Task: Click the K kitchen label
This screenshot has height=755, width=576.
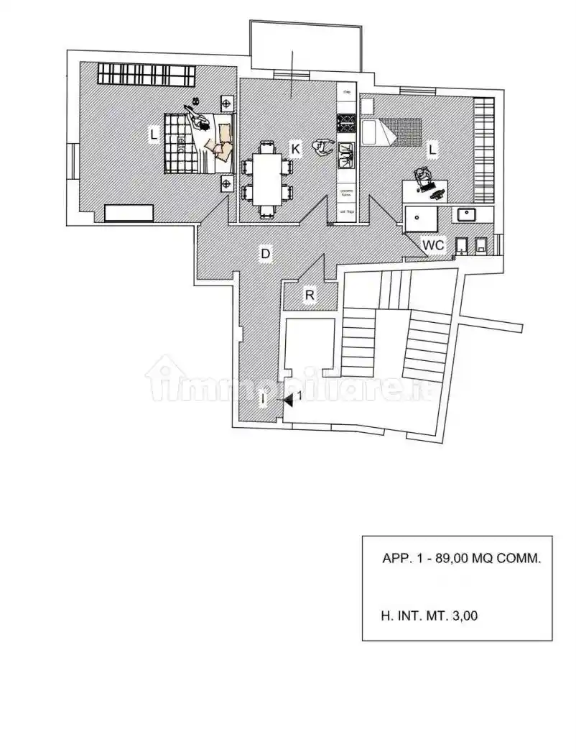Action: pos(295,149)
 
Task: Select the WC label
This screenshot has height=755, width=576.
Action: pos(433,245)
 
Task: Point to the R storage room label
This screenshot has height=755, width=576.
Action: pos(309,296)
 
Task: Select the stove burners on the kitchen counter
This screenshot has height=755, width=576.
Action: pos(347,123)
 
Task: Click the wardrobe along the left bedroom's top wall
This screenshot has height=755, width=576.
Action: pos(147,73)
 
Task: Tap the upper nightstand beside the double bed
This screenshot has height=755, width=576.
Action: pos(228,103)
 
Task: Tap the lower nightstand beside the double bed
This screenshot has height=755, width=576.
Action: pos(228,184)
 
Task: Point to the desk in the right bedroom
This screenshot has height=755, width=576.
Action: pos(424,191)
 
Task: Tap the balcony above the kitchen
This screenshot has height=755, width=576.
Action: pos(306,47)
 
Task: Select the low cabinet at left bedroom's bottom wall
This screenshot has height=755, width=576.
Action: pos(129,213)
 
